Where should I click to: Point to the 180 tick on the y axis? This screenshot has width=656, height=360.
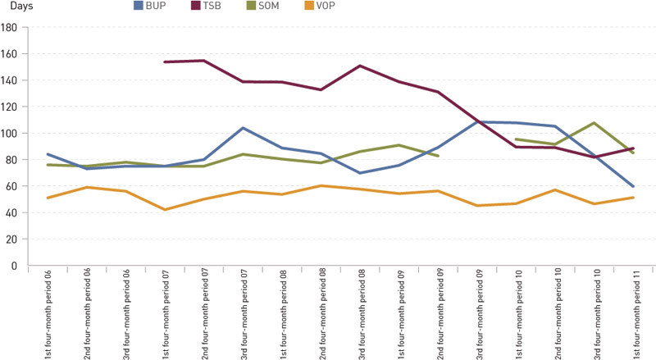pyautogui.click(x=11, y=27)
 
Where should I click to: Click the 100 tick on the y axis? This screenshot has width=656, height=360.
pyautogui.click(x=11, y=133)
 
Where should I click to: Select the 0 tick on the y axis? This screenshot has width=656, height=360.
pyautogui.click(x=16, y=266)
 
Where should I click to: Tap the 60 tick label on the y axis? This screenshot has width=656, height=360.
pyautogui.click(x=13, y=186)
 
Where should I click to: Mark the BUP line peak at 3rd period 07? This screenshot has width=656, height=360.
pyautogui.click(x=244, y=128)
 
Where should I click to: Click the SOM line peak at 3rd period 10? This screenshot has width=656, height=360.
pyautogui.click(x=594, y=123)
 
